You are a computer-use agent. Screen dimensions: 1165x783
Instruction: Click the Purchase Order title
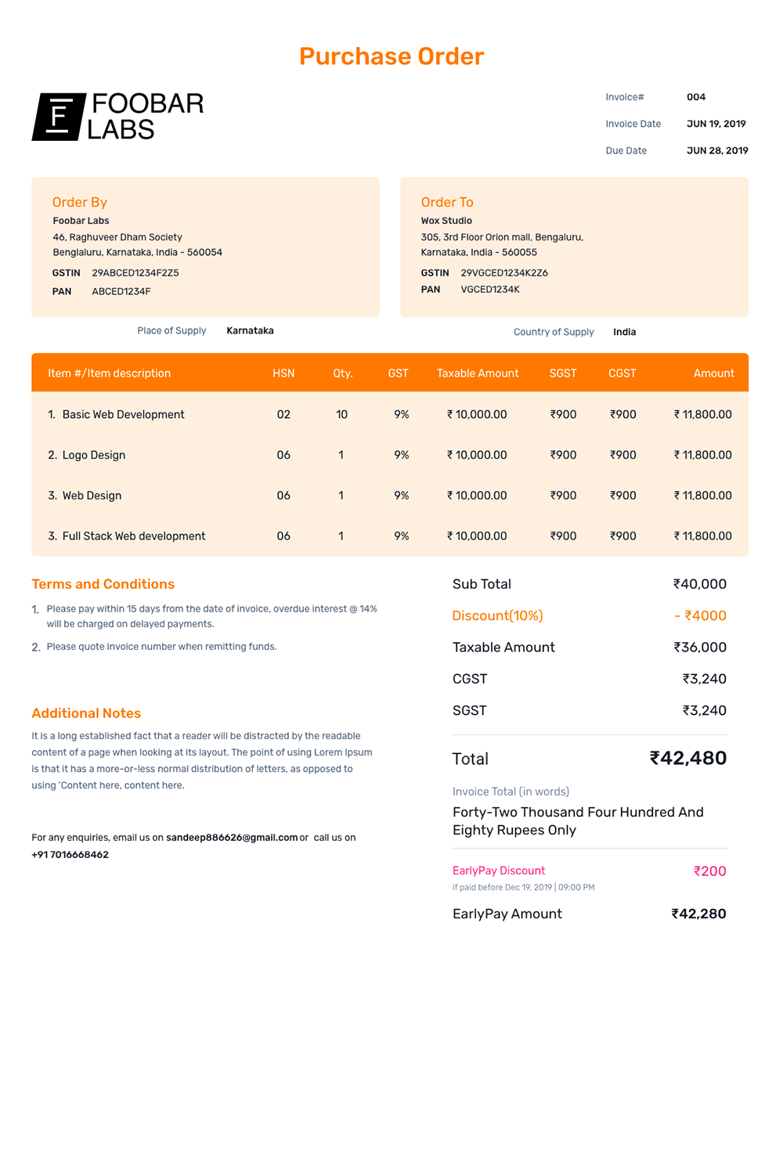391,56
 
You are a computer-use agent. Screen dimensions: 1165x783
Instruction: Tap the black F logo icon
59,117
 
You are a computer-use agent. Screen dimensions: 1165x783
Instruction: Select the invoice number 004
696,97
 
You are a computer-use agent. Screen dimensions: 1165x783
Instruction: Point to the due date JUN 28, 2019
717,150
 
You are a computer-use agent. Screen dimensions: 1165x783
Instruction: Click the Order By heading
80,202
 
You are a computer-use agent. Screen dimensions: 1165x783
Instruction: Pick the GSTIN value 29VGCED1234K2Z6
504,273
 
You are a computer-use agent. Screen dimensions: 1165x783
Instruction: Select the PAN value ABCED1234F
121,291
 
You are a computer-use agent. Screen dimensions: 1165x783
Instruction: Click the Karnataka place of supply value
250,330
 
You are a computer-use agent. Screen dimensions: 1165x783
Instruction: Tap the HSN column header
283,373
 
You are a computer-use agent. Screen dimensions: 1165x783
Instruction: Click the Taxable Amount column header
478,373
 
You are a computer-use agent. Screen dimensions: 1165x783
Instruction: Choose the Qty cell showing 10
341,414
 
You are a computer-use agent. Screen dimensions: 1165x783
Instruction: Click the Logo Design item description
93,455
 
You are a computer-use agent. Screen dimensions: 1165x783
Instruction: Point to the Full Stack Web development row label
133,536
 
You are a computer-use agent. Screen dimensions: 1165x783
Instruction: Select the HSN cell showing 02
283,414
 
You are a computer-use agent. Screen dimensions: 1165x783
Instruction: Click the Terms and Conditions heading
103,584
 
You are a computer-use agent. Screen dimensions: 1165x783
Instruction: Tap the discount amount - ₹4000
700,616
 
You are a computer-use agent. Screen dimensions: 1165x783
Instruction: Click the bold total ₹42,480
688,758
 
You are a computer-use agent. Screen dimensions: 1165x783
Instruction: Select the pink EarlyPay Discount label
499,871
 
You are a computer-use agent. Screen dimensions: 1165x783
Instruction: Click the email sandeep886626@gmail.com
232,838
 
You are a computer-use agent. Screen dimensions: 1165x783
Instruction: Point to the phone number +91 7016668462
70,855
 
